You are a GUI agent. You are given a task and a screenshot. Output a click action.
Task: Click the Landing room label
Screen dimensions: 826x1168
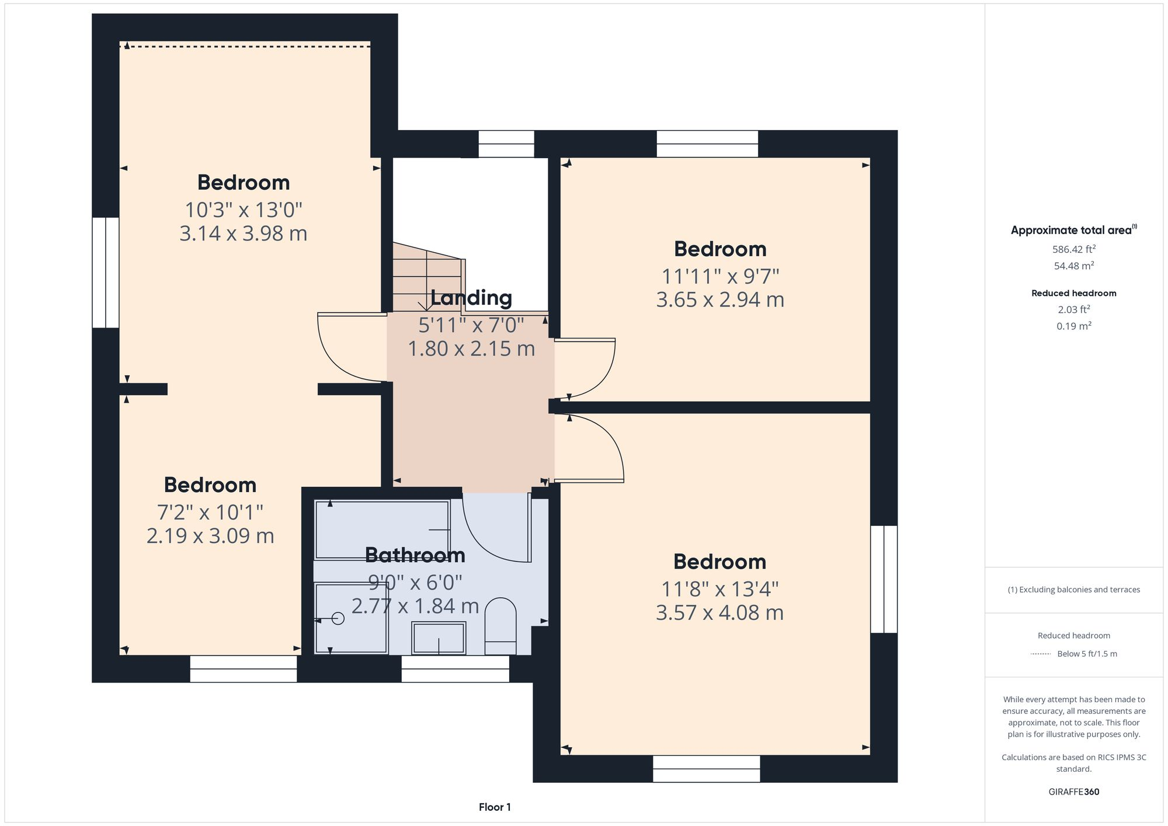tap(471, 298)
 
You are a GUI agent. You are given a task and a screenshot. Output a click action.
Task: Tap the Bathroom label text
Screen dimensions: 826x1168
tap(415, 555)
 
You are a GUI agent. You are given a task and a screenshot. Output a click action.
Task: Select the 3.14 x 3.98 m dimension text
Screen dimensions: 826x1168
tap(243, 233)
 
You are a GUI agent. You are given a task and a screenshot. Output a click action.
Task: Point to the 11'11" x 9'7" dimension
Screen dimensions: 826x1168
tap(720, 276)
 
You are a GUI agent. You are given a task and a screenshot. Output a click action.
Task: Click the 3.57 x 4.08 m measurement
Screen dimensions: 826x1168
tap(719, 613)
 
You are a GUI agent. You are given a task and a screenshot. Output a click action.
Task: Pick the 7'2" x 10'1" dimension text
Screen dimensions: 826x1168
tap(210, 513)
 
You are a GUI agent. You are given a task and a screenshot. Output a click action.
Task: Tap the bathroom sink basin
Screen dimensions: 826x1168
tap(439, 638)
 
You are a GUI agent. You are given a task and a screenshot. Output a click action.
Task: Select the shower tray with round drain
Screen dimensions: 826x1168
tap(351, 618)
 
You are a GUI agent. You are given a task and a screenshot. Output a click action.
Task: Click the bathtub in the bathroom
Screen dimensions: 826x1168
tap(382, 529)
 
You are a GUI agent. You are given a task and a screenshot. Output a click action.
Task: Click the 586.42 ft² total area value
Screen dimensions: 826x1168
tap(1073, 249)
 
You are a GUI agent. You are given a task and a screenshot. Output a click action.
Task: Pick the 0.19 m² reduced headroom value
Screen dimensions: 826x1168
tap(1073, 326)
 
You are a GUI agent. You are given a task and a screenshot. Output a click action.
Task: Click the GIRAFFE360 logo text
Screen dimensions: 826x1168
tap(1073, 792)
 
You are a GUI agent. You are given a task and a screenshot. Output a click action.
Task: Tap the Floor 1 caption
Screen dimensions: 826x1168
tap(495, 807)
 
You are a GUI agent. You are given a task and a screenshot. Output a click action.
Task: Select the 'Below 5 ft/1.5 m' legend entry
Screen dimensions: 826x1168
tap(1086, 654)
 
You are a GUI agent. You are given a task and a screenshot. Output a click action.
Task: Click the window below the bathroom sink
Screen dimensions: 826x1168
tap(455, 669)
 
